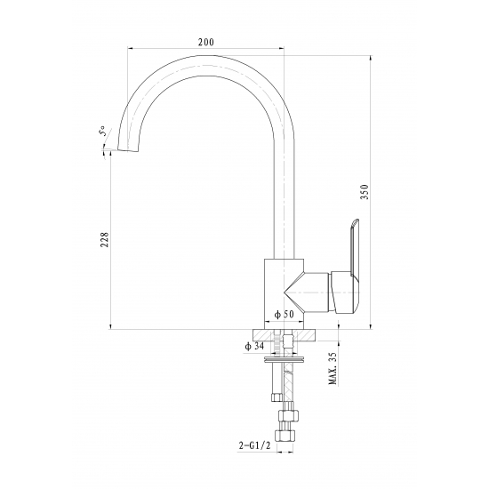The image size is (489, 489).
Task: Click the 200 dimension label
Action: click(206, 42)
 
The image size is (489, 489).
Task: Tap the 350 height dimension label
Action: click(365, 192)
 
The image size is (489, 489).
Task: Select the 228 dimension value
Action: click(105, 239)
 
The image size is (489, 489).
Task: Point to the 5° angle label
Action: click(102, 131)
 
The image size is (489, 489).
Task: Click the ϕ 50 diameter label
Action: click(284, 315)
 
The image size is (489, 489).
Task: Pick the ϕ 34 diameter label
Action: click(254, 346)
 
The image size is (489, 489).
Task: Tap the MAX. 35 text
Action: click(333, 368)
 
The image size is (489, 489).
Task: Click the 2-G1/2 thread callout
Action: click(255, 446)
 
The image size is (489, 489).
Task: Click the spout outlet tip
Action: click(128, 150)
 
